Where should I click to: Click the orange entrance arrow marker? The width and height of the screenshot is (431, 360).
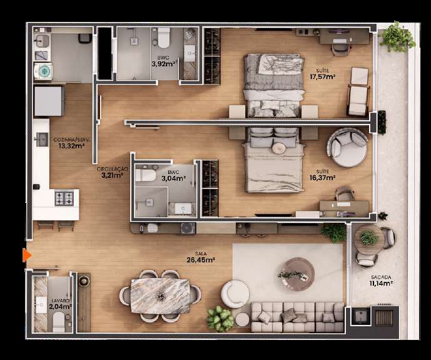pyautogui.click(x=27, y=255)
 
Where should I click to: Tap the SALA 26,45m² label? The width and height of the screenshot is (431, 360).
pyautogui.click(x=200, y=257)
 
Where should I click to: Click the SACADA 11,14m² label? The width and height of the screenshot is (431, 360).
pyautogui.click(x=380, y=280)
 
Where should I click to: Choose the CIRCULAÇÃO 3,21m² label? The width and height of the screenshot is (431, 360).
pyautogui.click(x=112, y=172)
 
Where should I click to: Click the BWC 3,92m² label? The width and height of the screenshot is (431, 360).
pyautogui.click(x=164, y=61)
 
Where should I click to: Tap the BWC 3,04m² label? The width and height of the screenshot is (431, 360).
pyautogui.click(x=173, y=175)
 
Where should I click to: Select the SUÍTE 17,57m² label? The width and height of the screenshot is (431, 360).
pyautogui.click(x=323, y=74)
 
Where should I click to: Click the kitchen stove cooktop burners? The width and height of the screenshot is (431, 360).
pyautogui.click(x=64, y=198)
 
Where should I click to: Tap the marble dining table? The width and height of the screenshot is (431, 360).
pyautogui.click(x=160, y=296)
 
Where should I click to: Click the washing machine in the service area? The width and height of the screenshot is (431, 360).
pyautogui.click(x=44, y=71)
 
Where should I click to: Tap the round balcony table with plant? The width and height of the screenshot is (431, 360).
pyautogui.click(x=368, y=238)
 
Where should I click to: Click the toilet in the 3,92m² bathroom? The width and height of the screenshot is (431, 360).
pyautogui.click(x=164, y=39)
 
